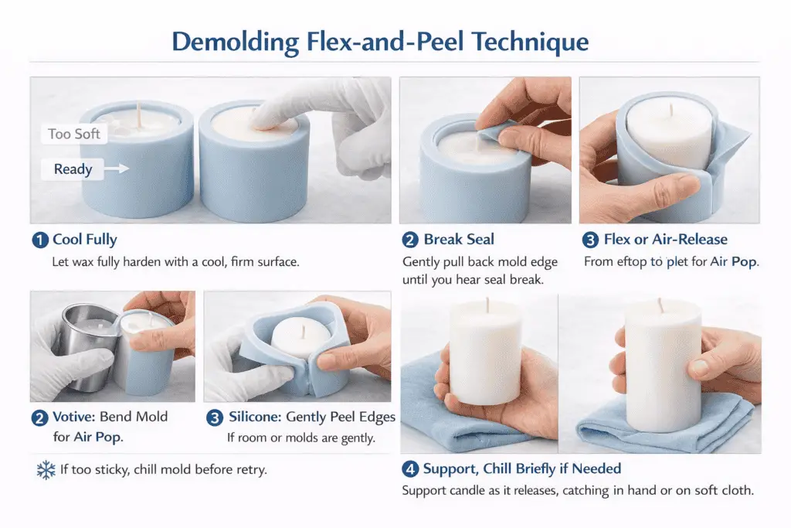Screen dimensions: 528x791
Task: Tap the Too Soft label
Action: point(73,134)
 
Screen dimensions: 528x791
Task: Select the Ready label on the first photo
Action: point(73,169)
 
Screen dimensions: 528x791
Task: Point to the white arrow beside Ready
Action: point(116,168)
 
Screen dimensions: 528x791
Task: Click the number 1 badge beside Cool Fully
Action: point(39,240)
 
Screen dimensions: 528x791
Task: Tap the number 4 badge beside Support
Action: point(411,468)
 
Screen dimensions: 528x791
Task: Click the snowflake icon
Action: point(46,469)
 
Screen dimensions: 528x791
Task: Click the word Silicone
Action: point(256,417)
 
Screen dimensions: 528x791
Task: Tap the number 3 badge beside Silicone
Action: point(216,417)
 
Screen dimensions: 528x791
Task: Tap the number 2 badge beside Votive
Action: point(39,418)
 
